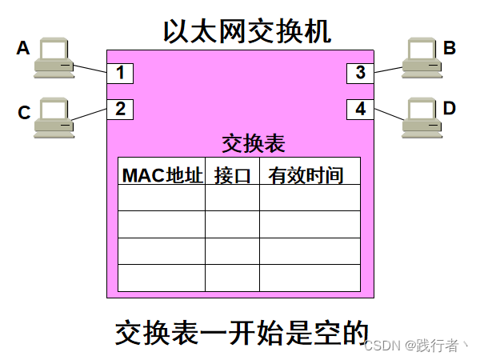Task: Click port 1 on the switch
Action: [x=120, y=73]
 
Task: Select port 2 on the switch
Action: [x=120, y=109]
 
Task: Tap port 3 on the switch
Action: [x=360, y=73]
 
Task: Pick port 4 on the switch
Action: [x=360, y=109]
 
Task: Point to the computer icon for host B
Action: [x=423, y=58]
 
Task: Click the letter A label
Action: [x=23, y=50]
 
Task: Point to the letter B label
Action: [x=450, y=48]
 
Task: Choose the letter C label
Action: [x=24, y=113]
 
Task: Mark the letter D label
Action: [x=450, y=107]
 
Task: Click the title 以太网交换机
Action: [x=246, y=31]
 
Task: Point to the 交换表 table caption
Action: [x=253, y=143]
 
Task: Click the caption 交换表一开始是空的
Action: [x=240, y=333]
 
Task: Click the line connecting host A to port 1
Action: [x=90, y=69]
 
